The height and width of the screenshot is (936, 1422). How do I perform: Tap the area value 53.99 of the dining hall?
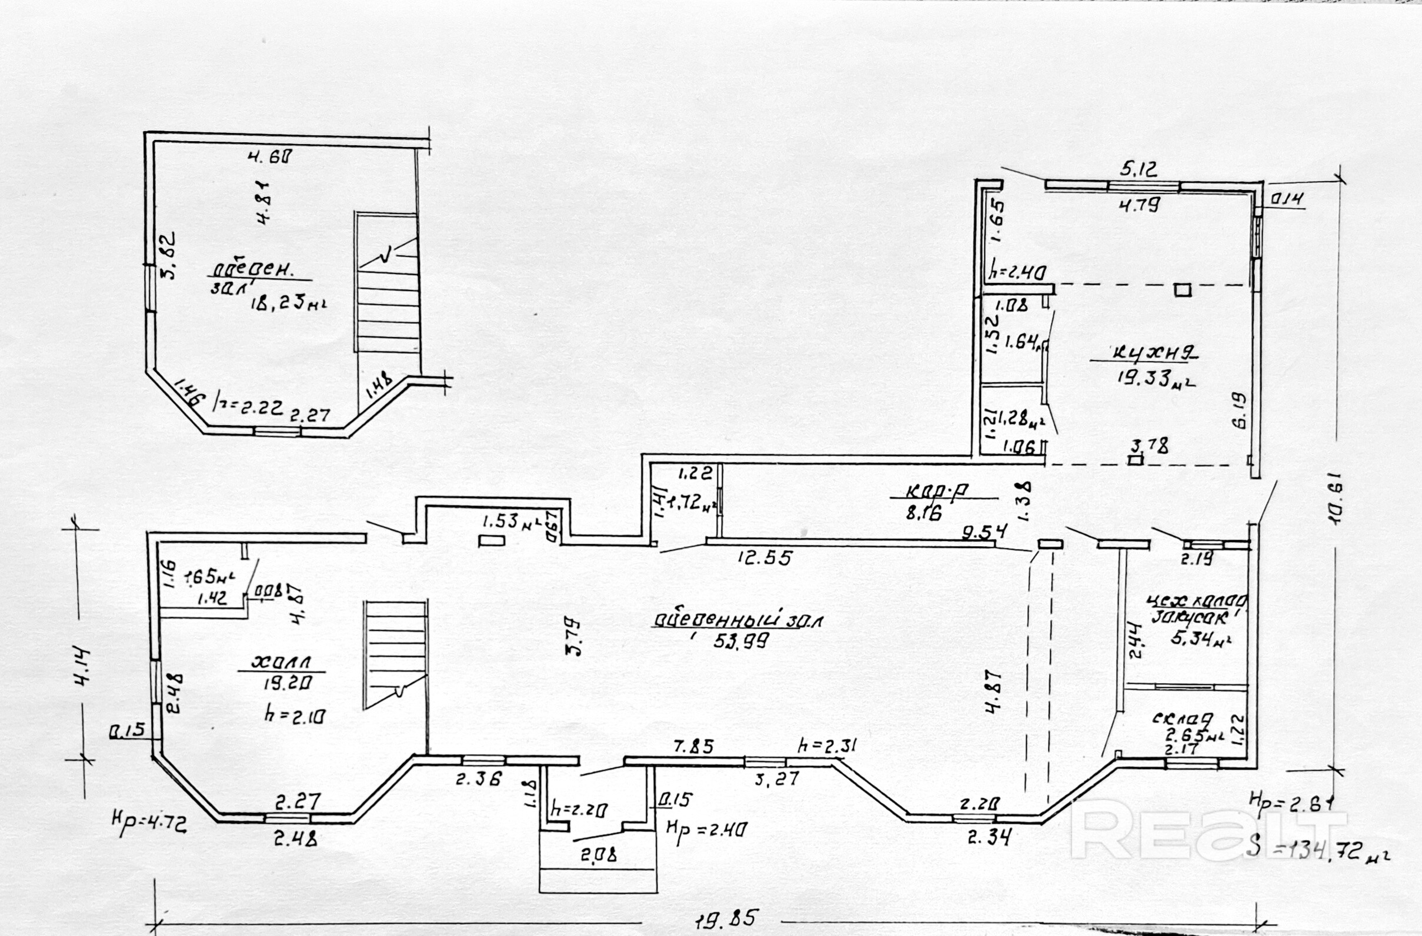740,640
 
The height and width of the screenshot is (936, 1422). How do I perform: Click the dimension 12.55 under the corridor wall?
764,558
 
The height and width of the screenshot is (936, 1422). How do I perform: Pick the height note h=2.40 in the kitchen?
1016,273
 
